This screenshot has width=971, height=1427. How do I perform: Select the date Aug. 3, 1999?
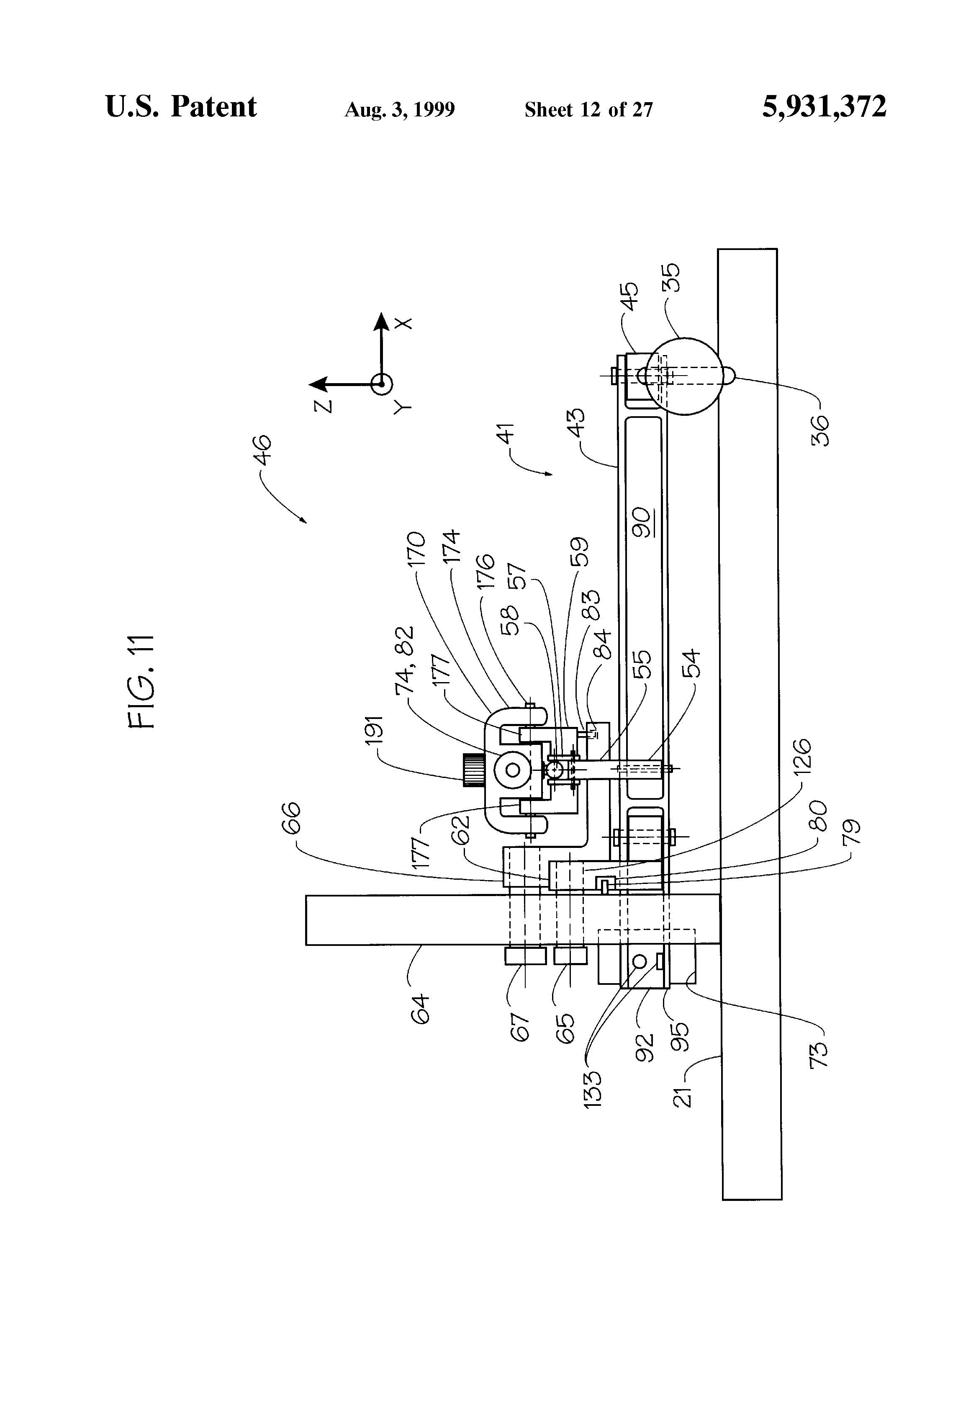tap(400, 110)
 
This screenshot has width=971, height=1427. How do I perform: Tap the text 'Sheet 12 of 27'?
tap(588, 110)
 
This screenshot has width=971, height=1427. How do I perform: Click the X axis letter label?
tap(403, 323)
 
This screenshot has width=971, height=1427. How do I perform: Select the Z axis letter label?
tap(322, 405)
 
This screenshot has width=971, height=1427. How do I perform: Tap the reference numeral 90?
tap(642, 523)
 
